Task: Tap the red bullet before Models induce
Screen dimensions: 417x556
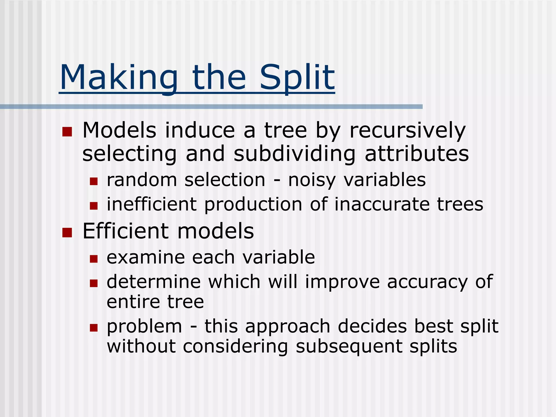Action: tap(67, 132)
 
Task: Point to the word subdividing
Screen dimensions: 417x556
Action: tap(294, 154)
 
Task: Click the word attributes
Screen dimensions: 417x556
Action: tap(417, 154)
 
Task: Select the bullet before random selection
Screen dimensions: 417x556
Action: tap(94, 181)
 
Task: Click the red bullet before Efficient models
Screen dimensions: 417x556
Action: tap(67, 233)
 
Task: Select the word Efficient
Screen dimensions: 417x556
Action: tap(126, 231)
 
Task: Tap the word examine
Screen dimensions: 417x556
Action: tap(146, 257)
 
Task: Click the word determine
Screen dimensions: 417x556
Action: tap(154, 282)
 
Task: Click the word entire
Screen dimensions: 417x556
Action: tap(133, 302)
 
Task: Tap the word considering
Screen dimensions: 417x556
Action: tap(235, 347)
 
